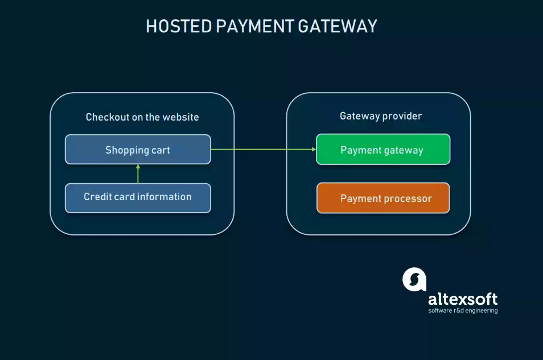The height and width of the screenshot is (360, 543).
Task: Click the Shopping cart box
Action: (x=138, y=150)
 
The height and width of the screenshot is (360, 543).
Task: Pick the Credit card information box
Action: (x=138, y=197)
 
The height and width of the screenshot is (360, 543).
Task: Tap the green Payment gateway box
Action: (x=382, y=150)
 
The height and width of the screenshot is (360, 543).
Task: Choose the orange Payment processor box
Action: (x=382, y=198)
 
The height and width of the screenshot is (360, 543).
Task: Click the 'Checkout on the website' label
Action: (x=142, y=117)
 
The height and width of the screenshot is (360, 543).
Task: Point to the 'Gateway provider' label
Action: (x=381, y=116)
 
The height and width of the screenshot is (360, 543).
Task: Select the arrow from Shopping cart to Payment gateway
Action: (x=262, y=150)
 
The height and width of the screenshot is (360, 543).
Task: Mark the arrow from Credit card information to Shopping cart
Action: (x=138, y=175)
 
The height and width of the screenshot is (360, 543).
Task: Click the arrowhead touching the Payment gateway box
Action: (x=313, y=150)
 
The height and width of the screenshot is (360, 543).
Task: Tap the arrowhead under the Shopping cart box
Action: (x=138, y=167)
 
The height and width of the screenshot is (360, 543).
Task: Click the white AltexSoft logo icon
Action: (x=414, y=279)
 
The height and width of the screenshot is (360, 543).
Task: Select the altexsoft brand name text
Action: (x=462, y=299)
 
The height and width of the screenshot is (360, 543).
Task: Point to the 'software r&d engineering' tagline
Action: (x=463, y=311)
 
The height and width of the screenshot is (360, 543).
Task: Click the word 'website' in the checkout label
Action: (x=180, y=117)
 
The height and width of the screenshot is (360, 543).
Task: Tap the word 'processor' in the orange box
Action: (x=407, y=198)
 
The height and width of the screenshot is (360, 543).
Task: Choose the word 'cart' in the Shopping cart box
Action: (x=161, y=150)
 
